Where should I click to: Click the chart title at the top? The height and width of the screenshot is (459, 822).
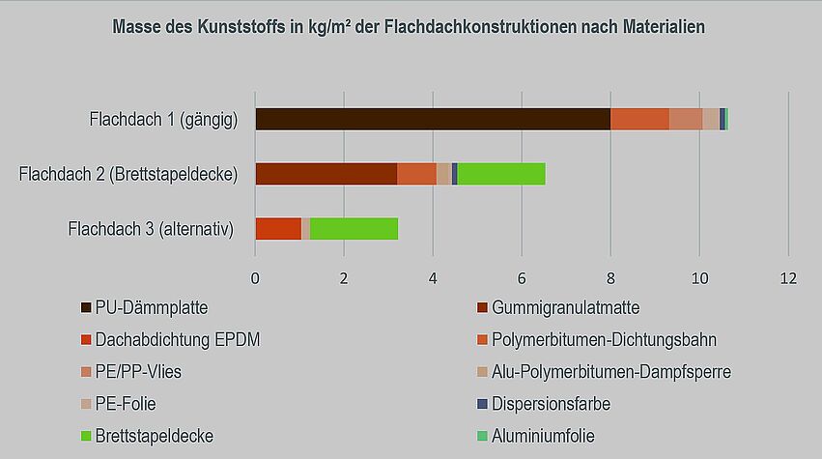coord(409,27)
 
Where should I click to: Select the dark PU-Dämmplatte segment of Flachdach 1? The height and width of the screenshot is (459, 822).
coord(432,119)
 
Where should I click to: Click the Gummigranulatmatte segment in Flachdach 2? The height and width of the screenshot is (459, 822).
coord(326,174)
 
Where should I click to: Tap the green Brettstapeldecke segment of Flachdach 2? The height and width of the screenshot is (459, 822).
coord(501,174)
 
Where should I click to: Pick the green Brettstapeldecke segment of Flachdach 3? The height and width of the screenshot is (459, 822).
coord(354,229)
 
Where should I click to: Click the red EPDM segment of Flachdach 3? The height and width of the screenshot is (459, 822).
coord(278,229)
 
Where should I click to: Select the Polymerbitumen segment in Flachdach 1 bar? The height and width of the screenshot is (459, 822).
coord(639,119)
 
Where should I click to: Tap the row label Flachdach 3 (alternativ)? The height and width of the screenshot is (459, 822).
coord(152,230)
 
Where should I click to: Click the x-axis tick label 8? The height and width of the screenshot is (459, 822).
coord(611,278)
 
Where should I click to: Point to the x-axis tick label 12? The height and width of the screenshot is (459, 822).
coord(788,278)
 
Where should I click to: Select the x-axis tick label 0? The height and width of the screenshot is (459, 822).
coord(255,278)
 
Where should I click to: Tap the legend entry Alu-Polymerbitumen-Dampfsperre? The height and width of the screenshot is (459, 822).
coord(611,372)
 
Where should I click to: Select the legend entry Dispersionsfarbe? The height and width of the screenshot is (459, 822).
coord(551,404)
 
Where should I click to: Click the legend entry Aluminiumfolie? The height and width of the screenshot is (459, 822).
coord(543,436)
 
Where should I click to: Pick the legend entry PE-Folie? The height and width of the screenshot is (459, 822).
coord(131,404)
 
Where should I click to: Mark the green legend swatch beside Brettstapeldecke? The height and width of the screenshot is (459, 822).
coord(86,437)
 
